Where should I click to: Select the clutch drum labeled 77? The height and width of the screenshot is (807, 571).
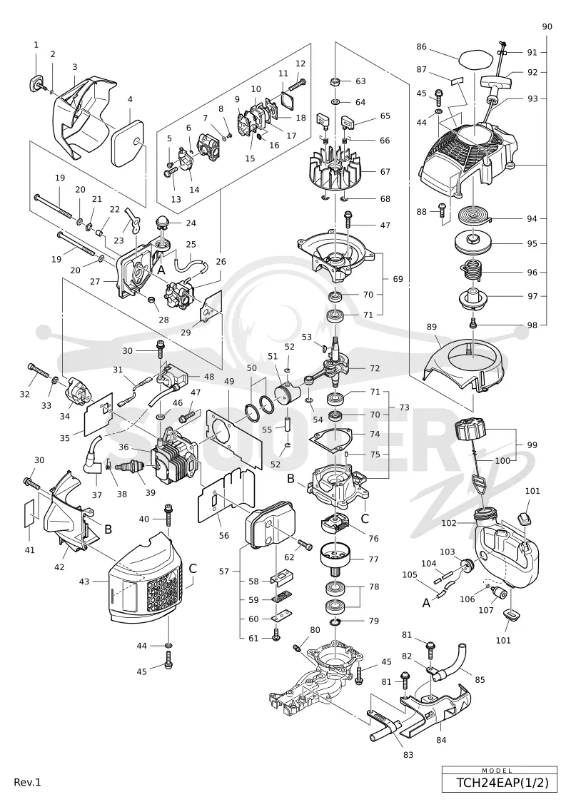[x=335, y=558]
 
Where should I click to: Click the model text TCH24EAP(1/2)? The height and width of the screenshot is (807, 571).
[x=499, y=783]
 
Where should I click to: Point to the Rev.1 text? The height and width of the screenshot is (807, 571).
[x=27, y=782]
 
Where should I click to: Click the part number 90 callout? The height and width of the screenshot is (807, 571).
[x=547, y=26]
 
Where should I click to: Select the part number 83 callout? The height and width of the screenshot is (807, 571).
[x=408, y=754]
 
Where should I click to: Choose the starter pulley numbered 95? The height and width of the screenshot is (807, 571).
[x=475, y=243]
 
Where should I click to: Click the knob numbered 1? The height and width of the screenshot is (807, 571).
[x=36, y=83]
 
